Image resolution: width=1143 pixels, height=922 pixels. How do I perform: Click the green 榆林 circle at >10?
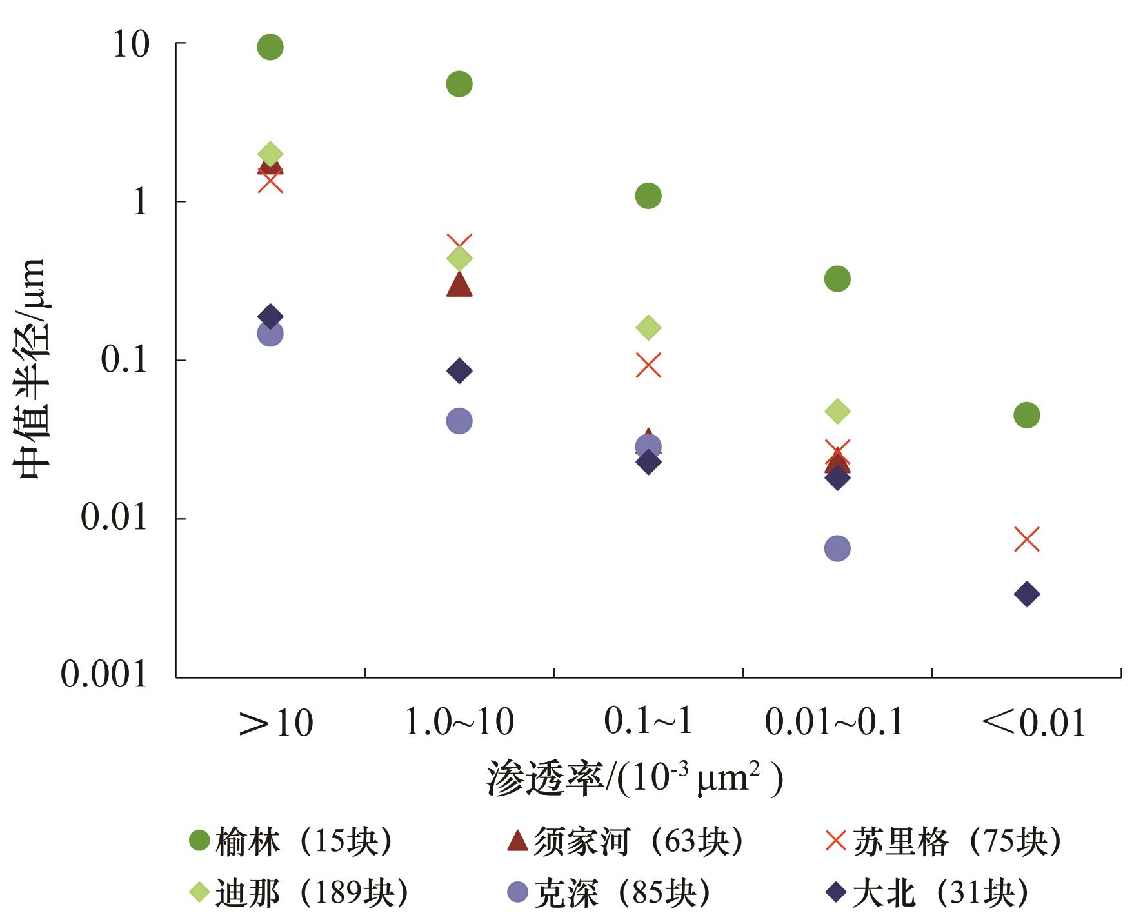coord(270,46)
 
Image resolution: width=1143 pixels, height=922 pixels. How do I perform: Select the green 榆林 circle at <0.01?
coord(1026,415)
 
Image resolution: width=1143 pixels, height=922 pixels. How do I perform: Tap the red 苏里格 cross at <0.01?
coord(1026,539)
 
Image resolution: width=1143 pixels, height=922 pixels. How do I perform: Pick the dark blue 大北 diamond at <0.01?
coord(1026,594)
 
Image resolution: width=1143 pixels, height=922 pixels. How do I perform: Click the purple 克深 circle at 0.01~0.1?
coord(837,548)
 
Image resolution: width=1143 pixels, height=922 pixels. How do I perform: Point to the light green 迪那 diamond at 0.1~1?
coord(648,328)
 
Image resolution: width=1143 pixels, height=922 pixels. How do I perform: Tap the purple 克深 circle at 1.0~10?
coord(459,421)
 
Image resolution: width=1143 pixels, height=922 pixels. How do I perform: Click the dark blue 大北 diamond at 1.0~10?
coord(459,371)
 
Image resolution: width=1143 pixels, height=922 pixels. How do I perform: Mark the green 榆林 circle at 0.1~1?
coord(648,195)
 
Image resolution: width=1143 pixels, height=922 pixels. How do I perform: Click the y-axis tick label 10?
coord(131,45)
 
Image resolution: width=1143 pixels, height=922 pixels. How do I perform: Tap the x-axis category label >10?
coord(276,724)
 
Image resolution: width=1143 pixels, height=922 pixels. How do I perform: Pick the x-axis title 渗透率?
coord(545,779)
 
